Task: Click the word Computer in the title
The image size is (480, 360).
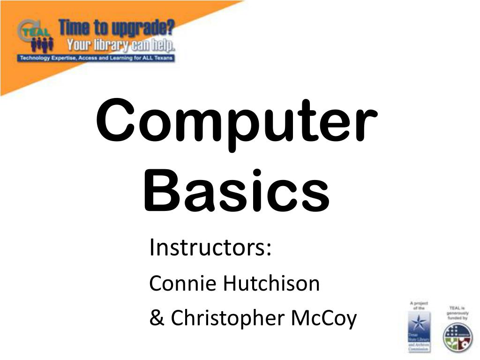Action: [x=237, y=121]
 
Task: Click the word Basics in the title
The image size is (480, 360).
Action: [x=237, y=193]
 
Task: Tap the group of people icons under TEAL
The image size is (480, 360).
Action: [x=43, y=45]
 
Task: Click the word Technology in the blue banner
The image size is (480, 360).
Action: [x=34, y=58]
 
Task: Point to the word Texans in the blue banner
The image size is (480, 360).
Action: [x=164, y=58]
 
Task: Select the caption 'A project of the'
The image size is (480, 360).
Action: [x=419, y=305]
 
